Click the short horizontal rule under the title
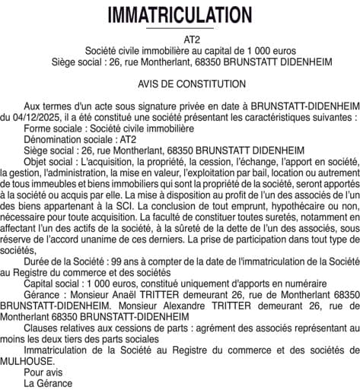180,29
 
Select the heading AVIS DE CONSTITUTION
180,83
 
